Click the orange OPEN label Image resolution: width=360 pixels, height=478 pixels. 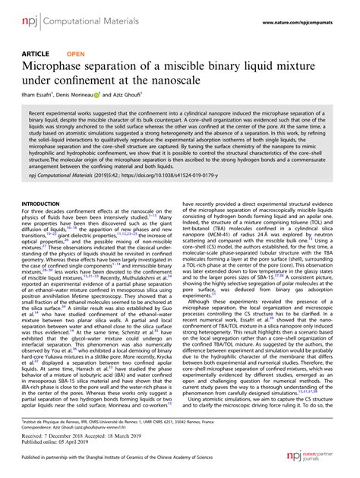(76, 55)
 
